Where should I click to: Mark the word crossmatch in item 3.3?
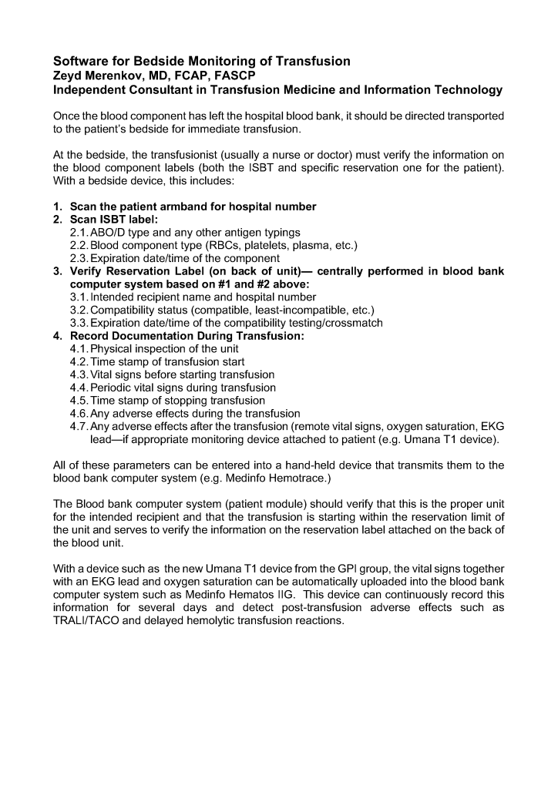tap(351, 323)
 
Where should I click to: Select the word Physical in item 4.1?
tap(113, 348)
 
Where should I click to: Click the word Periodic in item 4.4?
tap(113, 388)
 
